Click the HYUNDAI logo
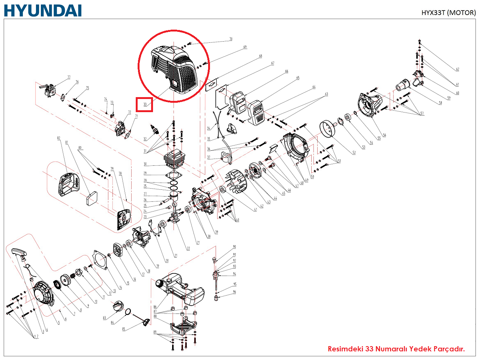tap(43, 10)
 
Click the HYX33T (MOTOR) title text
tap(448, 12)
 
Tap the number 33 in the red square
tap(145, 104)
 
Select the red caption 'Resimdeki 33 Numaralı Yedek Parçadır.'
tap(396, 349)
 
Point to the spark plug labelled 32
tap(153, 130)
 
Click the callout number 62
tap(457, 69)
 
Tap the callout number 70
tap(231, 39)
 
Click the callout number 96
tap(234, 292)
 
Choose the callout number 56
tap(384, 135)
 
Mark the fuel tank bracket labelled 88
tap(184, 326)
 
